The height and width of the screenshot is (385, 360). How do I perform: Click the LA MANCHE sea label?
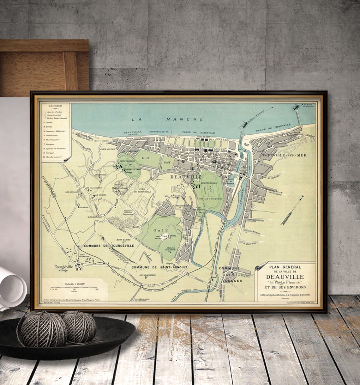(167, 119)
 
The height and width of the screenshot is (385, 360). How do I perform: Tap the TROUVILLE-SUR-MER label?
(284, 155)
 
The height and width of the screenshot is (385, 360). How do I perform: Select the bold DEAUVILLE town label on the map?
(186, 177)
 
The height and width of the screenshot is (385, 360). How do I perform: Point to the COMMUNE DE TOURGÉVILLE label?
(109, 246)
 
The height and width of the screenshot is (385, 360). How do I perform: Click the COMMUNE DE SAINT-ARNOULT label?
(159, 267)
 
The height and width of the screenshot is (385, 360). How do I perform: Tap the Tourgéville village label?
(66, 268)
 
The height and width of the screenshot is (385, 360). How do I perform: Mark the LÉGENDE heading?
(55, 106)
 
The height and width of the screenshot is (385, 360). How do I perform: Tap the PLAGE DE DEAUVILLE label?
(199, 133)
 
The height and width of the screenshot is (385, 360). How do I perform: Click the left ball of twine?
(41, 328)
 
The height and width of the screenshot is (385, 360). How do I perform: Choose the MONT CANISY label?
(114, 240)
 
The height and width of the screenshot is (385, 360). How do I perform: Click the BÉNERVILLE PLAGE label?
(133, 133)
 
